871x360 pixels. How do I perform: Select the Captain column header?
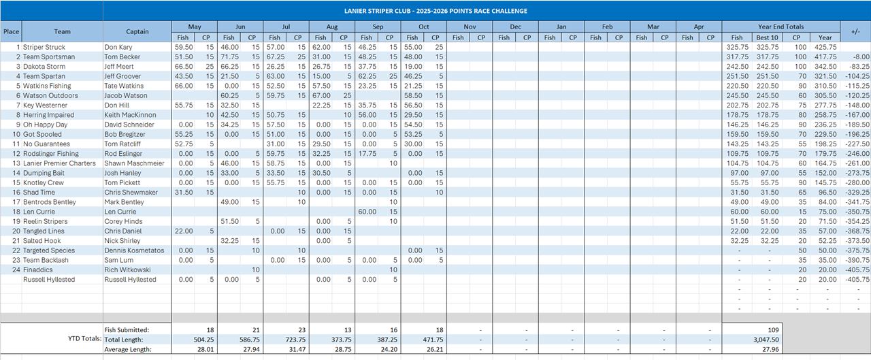137,31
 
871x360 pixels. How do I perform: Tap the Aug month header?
331,27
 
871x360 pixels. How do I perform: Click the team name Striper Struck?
45,48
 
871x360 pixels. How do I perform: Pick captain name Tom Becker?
124,57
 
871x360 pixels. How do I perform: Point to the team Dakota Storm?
44,67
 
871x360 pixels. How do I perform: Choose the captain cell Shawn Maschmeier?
135,163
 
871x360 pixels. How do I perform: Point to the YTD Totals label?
84,338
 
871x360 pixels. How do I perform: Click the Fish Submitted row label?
127,330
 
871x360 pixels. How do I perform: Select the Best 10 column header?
767,37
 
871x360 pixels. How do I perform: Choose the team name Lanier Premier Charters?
59,163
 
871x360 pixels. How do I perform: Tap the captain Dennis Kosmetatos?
134,250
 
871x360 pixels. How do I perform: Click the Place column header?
11,31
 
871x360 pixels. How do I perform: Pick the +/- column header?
855,31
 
